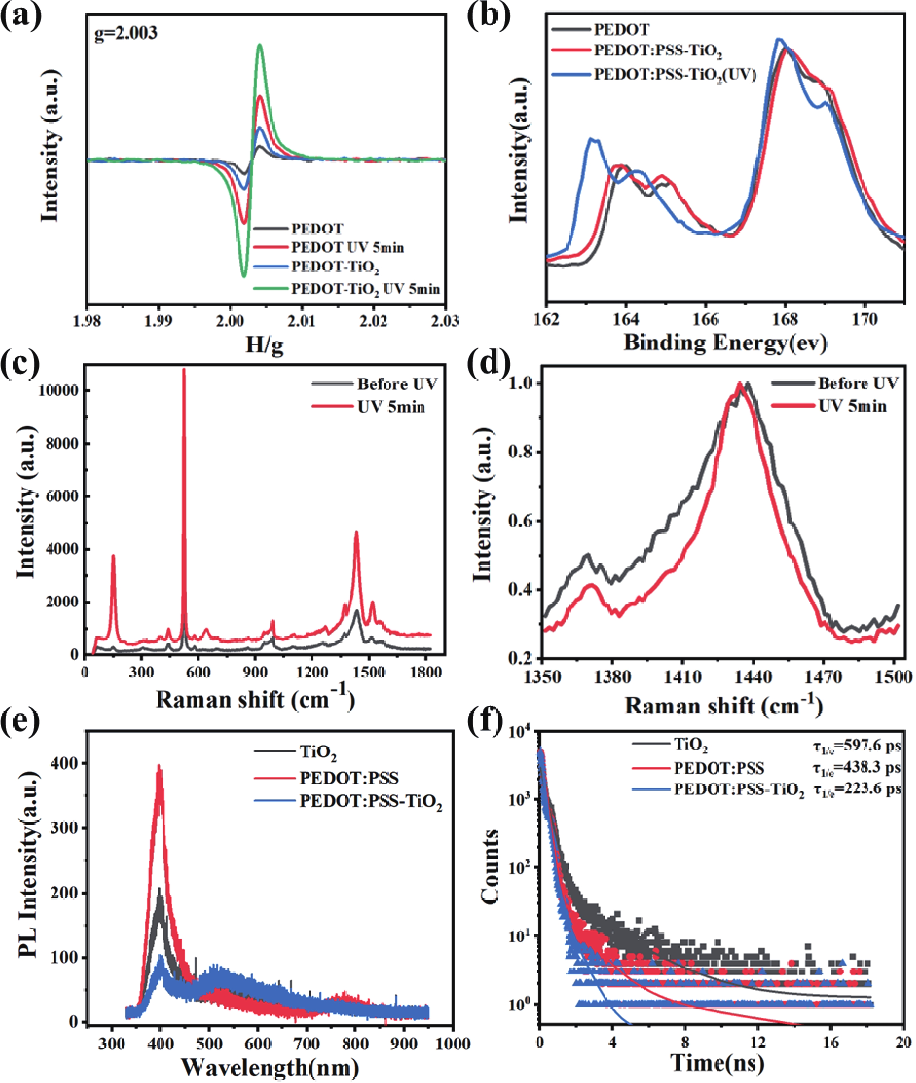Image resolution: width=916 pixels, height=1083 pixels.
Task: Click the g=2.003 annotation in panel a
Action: (x=126, y=33)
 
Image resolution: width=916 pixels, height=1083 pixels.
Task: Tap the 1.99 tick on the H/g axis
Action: (x=159, y=321)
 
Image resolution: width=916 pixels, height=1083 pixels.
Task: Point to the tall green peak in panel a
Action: (x=260, y=46)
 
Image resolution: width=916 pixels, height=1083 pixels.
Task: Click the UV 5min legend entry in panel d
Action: (x=852, y=406)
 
